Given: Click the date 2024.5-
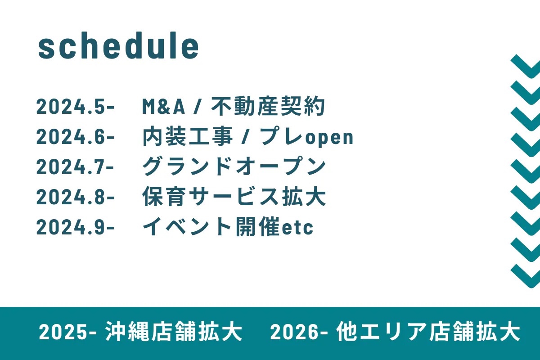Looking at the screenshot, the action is pyautogui.click(x=75, y=106).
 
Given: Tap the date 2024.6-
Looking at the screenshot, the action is pyautogui.click(x=75, y=136).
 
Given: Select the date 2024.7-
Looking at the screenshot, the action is pyautogui.click(x=75, y=166).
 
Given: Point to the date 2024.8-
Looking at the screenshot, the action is pyautogui.click(x=75, y=197).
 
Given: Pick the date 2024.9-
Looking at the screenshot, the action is pyautogui.click(x=75, y=227).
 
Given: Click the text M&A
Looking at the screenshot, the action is pyautogui.click(x=164, y=106).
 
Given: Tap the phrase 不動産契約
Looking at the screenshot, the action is pyautogui.click(x=268, y=106).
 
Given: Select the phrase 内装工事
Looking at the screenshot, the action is pyautogui.click(x=188, y=136).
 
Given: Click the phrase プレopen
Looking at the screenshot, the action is pyautogui.click(x=306, y=136).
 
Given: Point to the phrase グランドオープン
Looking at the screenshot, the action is pyautogui.click(x=234, y=166).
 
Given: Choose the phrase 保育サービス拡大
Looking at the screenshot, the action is pyautogui.click(x=234, y=197).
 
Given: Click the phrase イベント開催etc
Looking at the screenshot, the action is pyautogui.click(x=228, y=227).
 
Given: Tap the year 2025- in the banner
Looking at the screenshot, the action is pyautogui.click(x=68, y=332).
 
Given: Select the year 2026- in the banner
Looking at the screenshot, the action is pyautogui.click(x=299, y=332).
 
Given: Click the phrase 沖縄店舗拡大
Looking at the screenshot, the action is pyautogui.click(x=174, y=332).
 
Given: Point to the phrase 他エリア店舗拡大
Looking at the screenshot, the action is pyautogui.click(x=428, y=332).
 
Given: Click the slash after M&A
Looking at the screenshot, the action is pyautogui.click(x=197, y=106).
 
